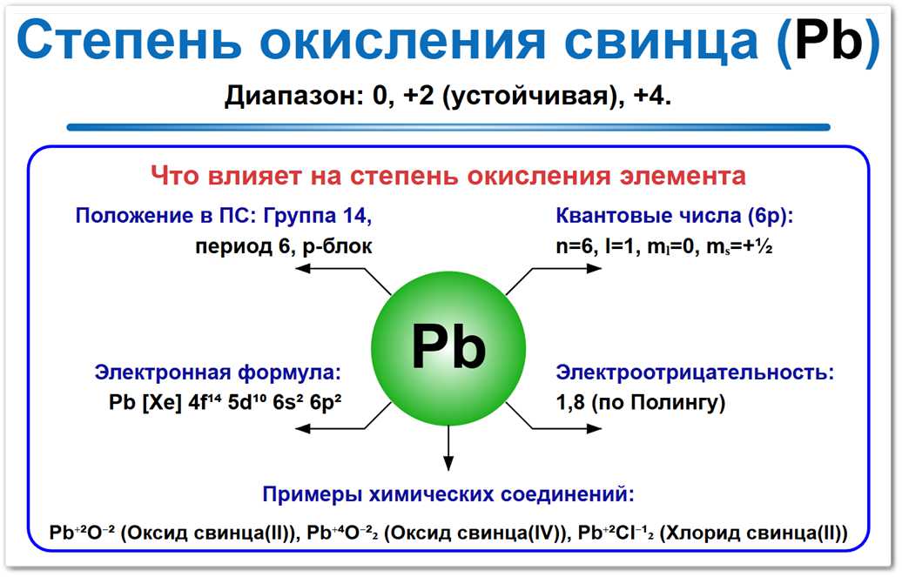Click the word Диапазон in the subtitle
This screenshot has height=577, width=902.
[x=286, y=95]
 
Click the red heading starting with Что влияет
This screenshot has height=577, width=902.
[x=448, y=176]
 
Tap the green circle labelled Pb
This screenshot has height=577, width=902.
[x=448, y=348]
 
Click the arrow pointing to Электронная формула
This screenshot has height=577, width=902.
[x=340, y=426]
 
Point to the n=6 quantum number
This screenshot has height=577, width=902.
[x=575, y=246]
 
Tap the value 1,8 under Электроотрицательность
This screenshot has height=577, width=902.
[x=571, y=403]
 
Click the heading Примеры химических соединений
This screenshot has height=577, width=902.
[x=448, y=495]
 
